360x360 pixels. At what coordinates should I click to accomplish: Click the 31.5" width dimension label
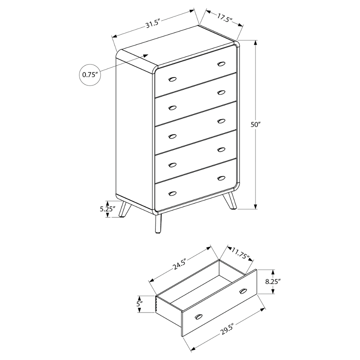point(153,24)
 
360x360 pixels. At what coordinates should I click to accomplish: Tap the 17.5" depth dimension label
point(225,17)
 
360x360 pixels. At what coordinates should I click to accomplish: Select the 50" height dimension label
point(255,125)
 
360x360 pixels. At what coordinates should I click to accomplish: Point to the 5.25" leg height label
point(107,209)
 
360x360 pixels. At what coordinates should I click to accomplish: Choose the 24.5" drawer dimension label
point(179,265)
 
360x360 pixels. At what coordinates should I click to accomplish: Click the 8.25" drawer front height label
point(273,281)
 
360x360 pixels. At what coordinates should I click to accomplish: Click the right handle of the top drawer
point(221,64)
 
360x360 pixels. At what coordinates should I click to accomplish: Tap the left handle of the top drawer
point(172,79)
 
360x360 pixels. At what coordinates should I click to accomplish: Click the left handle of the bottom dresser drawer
point(172,193)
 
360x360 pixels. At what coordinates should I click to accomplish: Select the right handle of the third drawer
point(221,121)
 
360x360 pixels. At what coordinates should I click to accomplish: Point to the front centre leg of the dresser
point(158,224)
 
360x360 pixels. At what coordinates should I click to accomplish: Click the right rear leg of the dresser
point(230,201)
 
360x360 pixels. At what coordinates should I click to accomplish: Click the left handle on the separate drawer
point(199,316)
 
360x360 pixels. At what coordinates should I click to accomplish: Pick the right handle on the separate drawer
point(243,291)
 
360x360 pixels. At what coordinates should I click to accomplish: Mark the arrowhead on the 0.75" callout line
point(145,55)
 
